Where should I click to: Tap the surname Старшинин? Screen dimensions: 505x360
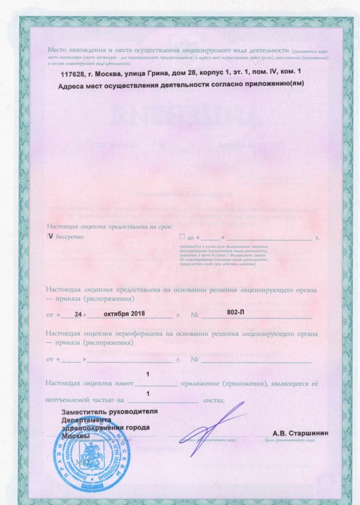point(308,433)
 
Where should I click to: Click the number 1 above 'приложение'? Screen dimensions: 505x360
point(148,374)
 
